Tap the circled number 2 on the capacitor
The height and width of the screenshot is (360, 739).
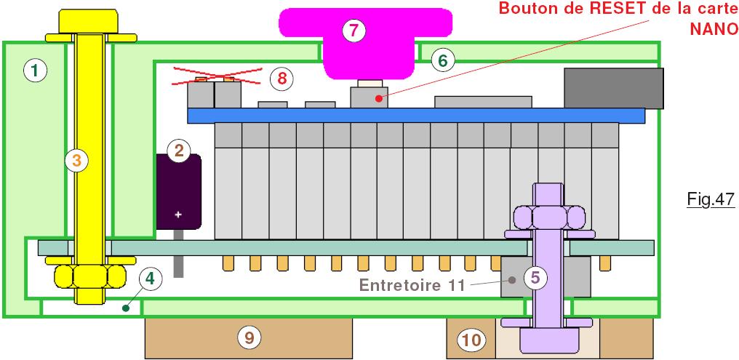(179, 151)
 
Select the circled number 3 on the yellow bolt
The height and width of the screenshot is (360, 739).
(77, 161)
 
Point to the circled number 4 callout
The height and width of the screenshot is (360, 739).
(150, 279)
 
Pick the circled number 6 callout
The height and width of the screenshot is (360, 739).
(442, 60)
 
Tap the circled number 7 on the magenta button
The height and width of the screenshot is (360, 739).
(354, 31)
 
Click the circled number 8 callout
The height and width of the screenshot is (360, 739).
(281, 79)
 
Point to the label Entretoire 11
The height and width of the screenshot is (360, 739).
(412, 285)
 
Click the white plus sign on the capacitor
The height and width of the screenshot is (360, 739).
(178, 215)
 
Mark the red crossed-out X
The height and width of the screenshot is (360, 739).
(217, 76)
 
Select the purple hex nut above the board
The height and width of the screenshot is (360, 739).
(548, 217)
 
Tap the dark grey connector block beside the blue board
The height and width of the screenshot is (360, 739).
(614, 88)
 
